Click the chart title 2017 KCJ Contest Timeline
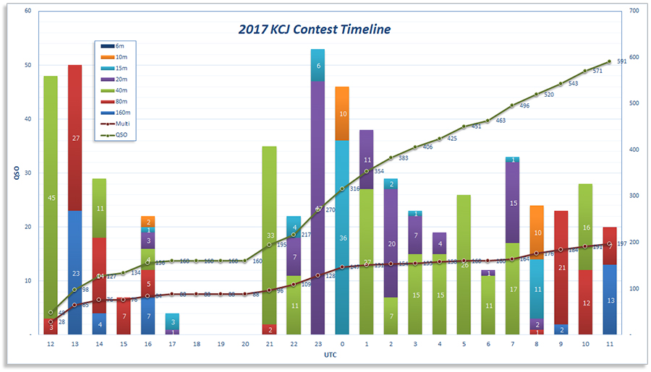click(x=315, y=30)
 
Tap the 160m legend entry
click(x=120, y=112)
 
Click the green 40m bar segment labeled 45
click(x=51, y=197)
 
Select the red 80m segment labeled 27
click(x=75, y=138)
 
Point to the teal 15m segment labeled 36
click(x=342, y=238)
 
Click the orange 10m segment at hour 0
click(x=342, y=113)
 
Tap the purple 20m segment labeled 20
click(x=391, y=243)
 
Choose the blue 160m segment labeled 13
click(x=609, y=300)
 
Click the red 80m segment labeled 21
click(x=561, y=267)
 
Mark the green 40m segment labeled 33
click(x=269, y=235)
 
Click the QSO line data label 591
click(x=621, y=61)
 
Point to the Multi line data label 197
click(x=621, y=244)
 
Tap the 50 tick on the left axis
click(x=27, y=65)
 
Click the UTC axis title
click(x=330, y=356)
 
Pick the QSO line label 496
click(x=524, y=105)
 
